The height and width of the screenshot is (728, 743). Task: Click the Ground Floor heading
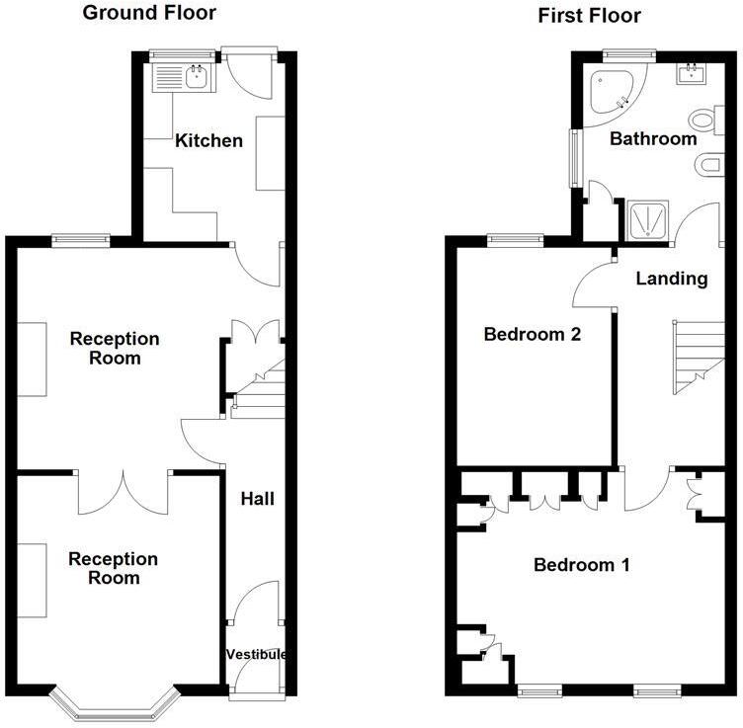click(x=149, y=13)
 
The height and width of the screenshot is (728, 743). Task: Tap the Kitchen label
click(x=208, y=140)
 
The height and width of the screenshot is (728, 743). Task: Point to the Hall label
click(x=257, y=499)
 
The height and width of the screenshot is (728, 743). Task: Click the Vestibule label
click(x=257, y=655)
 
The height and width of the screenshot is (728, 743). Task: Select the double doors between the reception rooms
click(x=124, y=491)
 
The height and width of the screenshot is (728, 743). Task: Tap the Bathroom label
click(x=652, y=138)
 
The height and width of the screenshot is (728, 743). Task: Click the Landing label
click(x=671, y=279)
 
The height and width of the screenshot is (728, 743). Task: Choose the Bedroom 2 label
click(x=531, y=334)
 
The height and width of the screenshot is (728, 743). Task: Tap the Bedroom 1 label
click(x=581, y=565)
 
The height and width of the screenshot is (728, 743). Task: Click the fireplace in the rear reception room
click(x=32, y=359)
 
